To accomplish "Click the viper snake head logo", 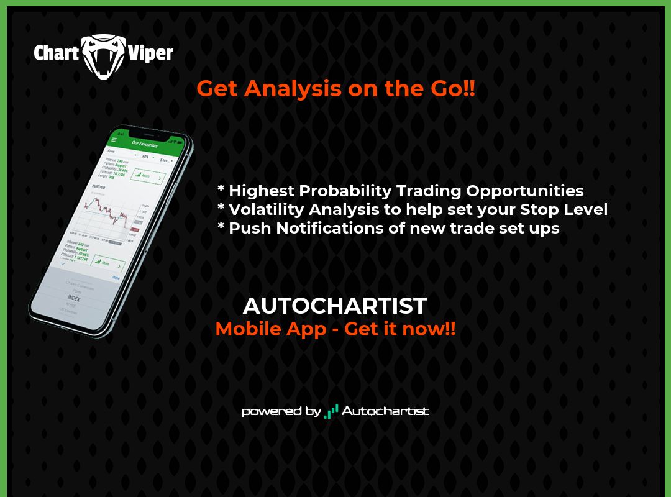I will pos(104,56).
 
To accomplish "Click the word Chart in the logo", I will pos(56,53).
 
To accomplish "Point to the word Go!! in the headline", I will pos(451,88).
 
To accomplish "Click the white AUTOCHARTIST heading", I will pos(335,306).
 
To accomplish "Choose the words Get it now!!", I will pos(399,329).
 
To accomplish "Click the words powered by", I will pos(281,411).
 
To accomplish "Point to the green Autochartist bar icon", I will pos(332,411).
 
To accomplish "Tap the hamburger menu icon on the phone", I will pos(114,140).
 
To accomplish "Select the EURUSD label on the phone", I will pos(99,186).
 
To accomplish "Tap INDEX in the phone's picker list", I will pos(74,298).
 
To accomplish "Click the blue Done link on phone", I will pos(116,278).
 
